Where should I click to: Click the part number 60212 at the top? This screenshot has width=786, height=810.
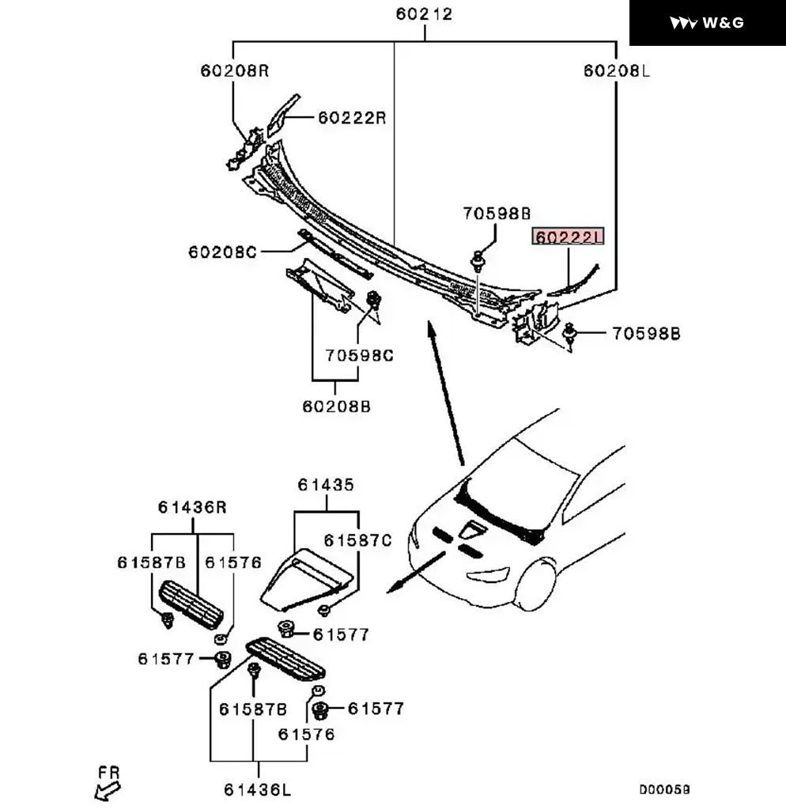pos(424,14)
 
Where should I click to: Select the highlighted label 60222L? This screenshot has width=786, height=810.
pos(568,237)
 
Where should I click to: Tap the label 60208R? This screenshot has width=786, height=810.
pos(235,70)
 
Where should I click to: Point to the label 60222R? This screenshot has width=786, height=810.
pos(352,118)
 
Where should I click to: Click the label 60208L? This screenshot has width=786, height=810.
pos(617,70)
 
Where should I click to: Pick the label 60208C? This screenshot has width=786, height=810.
pos(222,252)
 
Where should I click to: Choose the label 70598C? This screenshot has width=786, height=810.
pos(360,355)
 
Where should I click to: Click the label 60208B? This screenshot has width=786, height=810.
pos(337,407)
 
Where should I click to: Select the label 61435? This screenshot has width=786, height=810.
pos(326,485)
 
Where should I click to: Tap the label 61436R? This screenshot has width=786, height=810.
pos(192,507)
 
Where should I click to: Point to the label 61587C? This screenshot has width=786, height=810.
pos(358,540)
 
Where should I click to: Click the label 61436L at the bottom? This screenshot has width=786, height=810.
pos(258,790)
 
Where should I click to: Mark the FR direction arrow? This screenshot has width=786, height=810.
pos(108,790)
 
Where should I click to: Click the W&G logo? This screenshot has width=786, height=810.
pos(707,23)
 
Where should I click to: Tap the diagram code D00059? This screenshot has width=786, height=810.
pos(665,790)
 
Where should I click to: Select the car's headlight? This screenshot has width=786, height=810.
pos(488,575)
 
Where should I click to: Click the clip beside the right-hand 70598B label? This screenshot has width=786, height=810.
pos(569,333)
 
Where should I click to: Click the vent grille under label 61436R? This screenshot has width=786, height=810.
pos(191,604)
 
